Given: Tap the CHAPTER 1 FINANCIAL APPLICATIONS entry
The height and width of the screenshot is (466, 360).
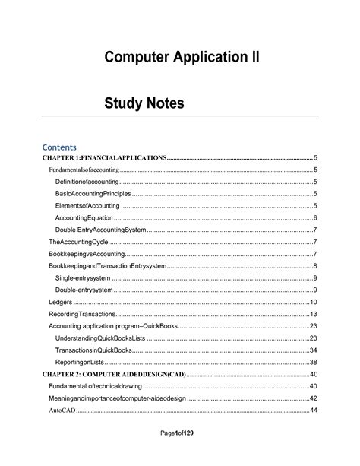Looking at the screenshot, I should pos(103,157).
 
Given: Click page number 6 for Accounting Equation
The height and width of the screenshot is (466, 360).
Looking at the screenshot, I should pos(314,217).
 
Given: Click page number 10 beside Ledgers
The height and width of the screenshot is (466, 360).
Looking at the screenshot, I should pos(312,302).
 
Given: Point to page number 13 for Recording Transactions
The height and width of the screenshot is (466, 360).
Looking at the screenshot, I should pos(312,314).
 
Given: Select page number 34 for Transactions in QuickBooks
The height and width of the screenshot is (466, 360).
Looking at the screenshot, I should pos(312,350).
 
